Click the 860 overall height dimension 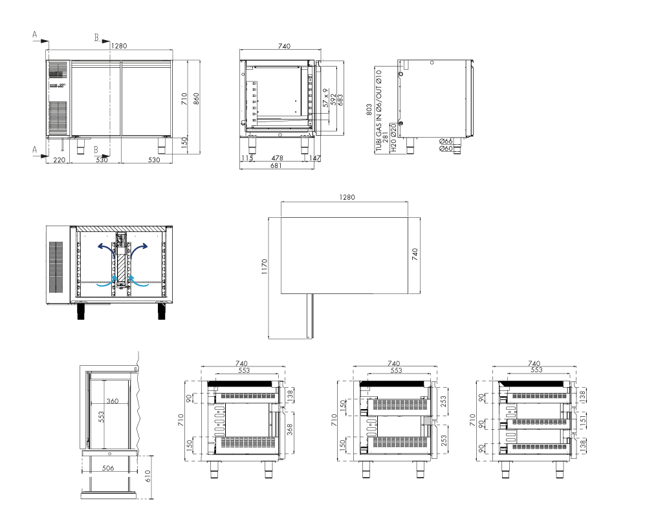click(197, 98)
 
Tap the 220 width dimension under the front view click(60, 160)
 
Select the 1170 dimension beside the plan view click(265, 267)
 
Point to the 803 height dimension click(369, 109)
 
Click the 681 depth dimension click(276, 165)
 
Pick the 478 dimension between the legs click(278, 158)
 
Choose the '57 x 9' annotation click(325, 98)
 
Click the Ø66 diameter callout click(446, 141)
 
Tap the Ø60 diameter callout click(446, 149)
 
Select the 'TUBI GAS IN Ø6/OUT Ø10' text click(378, 111)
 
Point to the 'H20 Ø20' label click(393, 138)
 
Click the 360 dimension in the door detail click(112, 401)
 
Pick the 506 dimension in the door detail click(107, 468)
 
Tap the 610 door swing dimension click(148, 476)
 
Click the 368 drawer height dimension click(290, 430)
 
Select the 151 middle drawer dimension click(583, 421)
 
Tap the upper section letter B click(96, 37)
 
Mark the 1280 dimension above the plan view click(347, 197)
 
